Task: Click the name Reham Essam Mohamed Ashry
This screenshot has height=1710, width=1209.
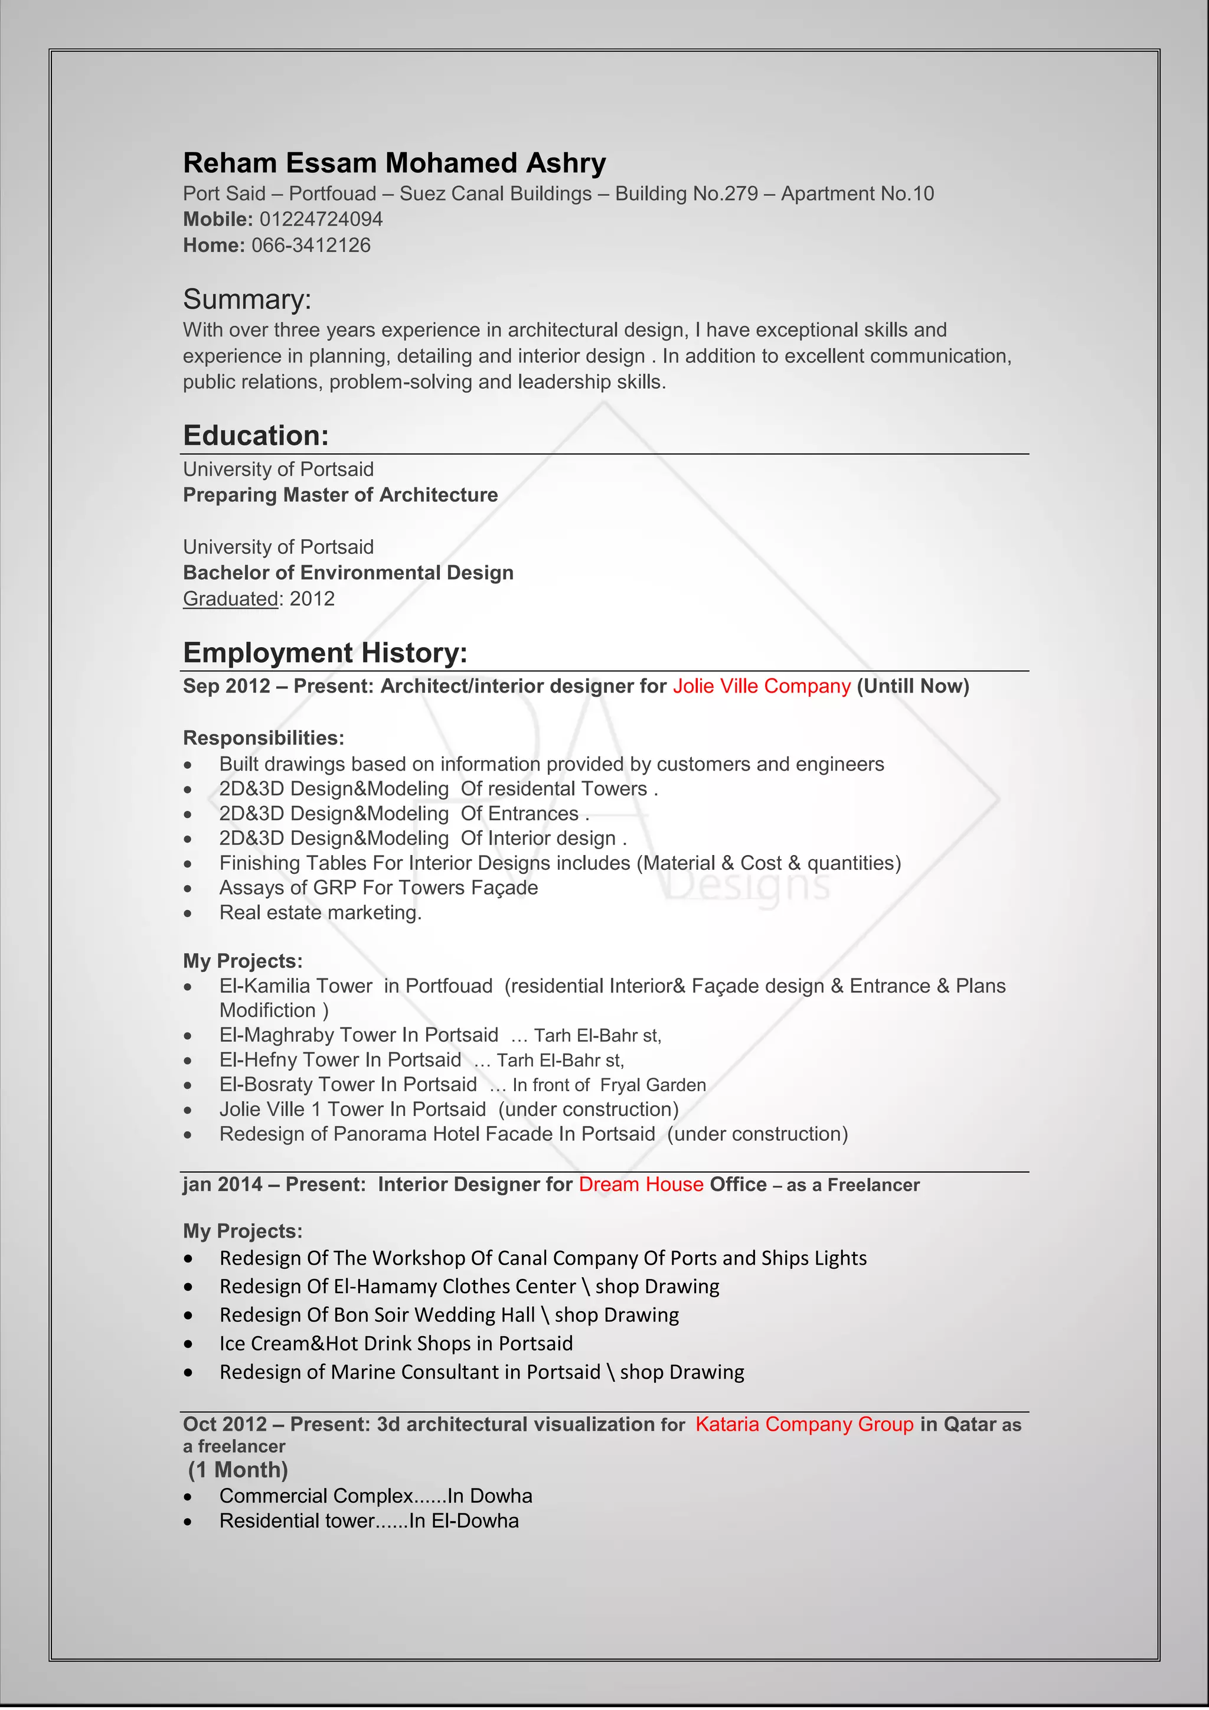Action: (x=394, y=163)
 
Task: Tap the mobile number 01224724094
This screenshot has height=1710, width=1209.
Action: (x=321, y=219)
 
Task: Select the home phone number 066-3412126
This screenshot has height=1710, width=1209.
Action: (x=311, y=245)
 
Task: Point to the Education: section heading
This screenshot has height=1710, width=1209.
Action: (x=256, y=436)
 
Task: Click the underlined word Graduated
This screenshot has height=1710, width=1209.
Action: (x=231, y=599)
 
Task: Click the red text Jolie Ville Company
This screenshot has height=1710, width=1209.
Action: (x=761, y=686)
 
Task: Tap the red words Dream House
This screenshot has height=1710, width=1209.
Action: (x=641, y=1184)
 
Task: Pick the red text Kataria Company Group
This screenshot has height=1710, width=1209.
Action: (x=803, y=1424)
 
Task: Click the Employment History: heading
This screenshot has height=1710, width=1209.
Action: (x=325, y=653)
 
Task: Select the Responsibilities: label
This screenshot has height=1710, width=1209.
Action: (x=263, y=738)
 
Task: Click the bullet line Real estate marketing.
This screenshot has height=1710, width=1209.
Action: (x=320, y=912)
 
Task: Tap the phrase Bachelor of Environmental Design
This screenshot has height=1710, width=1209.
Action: (x=348, y=573)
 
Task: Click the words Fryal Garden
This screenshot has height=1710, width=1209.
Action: (x=652, y=1085)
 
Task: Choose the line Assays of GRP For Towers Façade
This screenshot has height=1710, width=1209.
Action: (x=378, y=887)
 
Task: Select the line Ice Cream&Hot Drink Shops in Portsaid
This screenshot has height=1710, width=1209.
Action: (x=396, y=1343)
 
